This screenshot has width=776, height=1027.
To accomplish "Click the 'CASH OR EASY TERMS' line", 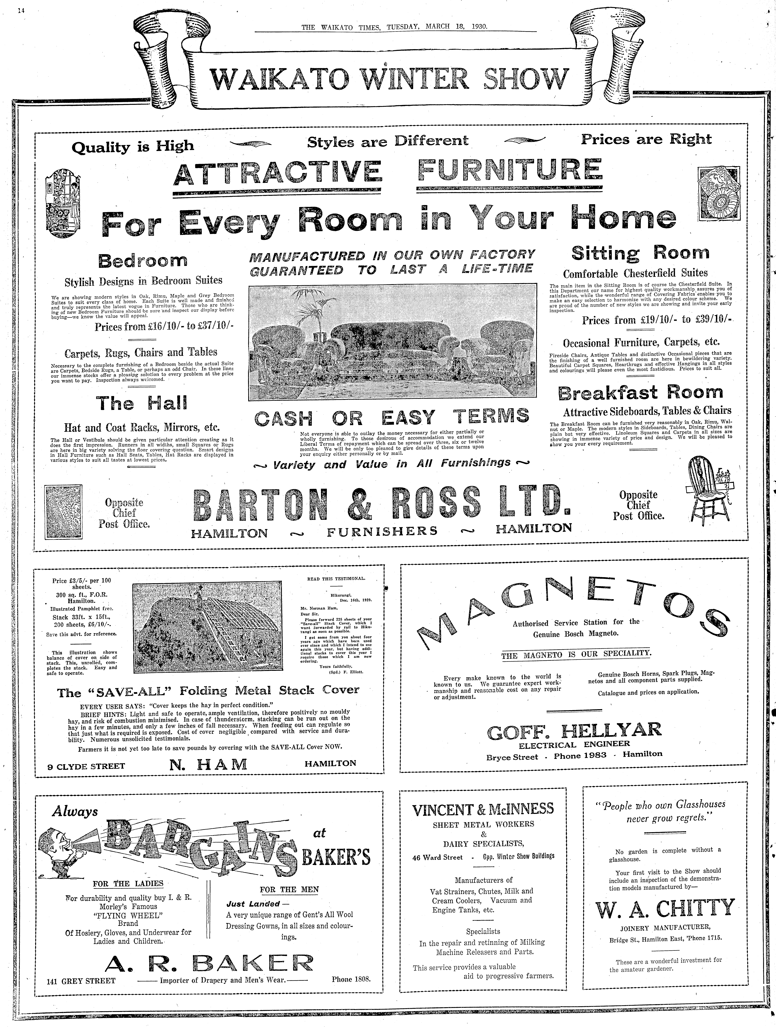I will [x=392, y=416].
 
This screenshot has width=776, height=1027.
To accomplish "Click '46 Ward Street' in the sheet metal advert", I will [x=438, y=858].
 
